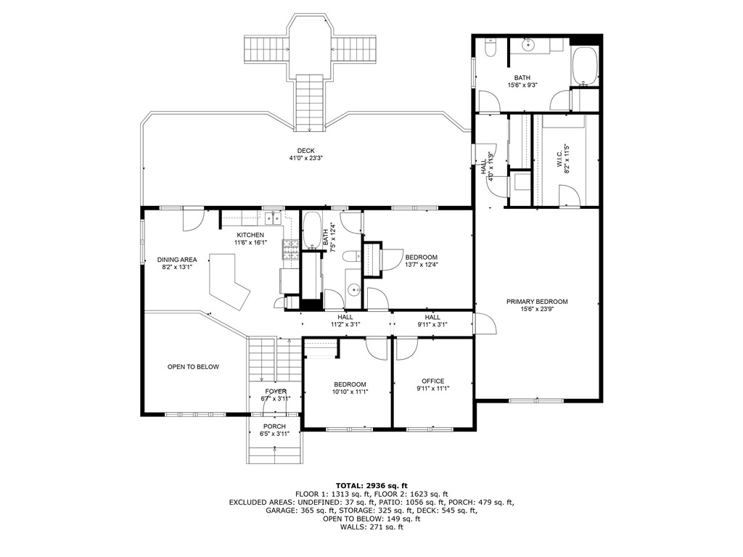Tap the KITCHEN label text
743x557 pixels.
pos(250,235)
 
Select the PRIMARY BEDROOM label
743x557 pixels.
pos(537,302)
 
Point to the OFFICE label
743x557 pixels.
pos(433,381)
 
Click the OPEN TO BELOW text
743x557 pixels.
pos(193,367)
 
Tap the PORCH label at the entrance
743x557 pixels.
pos(274,426)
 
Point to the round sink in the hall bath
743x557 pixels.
pos(353,290)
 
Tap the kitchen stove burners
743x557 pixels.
pos(290,250)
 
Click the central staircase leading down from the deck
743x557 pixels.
pos(311,102)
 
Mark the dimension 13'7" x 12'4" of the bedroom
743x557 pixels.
pos(421,265)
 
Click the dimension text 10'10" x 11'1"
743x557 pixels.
pos(350,392)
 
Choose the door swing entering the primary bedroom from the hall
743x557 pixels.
pos(484,323)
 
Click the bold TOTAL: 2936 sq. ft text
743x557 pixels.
pos(371,485)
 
